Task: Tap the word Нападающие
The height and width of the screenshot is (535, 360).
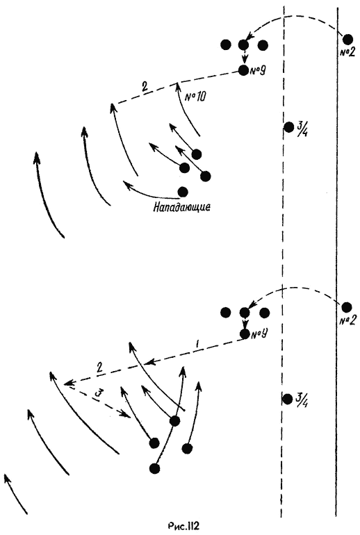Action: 181,207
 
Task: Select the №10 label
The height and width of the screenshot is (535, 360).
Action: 195,97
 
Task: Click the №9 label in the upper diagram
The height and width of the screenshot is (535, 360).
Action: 258,71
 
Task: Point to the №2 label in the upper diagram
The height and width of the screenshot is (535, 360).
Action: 347,52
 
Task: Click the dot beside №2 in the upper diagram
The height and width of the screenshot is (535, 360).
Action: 347,39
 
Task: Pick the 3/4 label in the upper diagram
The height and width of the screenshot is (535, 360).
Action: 302,129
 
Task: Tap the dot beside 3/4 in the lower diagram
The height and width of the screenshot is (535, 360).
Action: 288,399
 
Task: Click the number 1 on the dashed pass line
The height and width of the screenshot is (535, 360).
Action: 197,345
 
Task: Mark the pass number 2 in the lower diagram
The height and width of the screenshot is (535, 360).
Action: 99,368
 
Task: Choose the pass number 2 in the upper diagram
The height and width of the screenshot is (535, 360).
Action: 145,86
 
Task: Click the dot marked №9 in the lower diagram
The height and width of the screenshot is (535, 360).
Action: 245,334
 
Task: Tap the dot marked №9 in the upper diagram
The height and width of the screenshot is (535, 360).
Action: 243,70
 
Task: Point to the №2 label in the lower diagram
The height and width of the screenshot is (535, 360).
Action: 347,320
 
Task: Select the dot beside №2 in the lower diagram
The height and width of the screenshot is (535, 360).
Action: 347,307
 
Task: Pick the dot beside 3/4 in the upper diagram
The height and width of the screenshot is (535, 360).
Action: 288,127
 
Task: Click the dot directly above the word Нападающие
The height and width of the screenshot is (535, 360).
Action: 183,192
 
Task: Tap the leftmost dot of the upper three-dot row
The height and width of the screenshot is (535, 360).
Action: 226,44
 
